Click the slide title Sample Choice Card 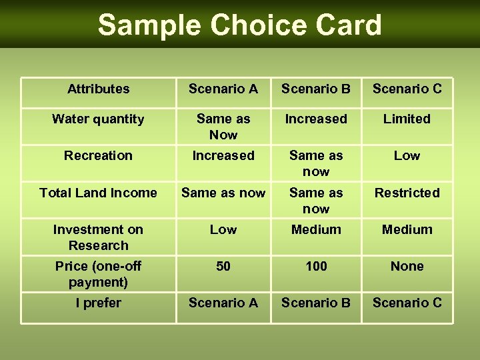click(x=239, y=25)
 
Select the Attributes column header click(x=99, y=89)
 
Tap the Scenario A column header click(x=223, y=89)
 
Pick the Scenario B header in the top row click(x=316, y=89)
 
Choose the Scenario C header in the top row click(x=407, y=89)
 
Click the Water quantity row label click(x=98, y=119)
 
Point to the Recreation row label click(x=98, y=155)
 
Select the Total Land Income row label click(x=98, y=193)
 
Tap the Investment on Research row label click(x=98, y=237)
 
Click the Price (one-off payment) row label click(x=98, y=274)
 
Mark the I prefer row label click(x=98, y=303)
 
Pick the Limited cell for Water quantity click(x=407, y=119)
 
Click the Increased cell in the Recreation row click(x=223, y=155)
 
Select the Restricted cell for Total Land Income click(x=407, y=193)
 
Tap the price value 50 click(x=223, y=266)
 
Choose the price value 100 click(x=316, y=266)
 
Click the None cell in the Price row click(x=407, y=266)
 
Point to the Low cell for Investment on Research click(x=223, y=229)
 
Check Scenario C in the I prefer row click(x=407, y=303)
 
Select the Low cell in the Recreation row click(x=407, y=155)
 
